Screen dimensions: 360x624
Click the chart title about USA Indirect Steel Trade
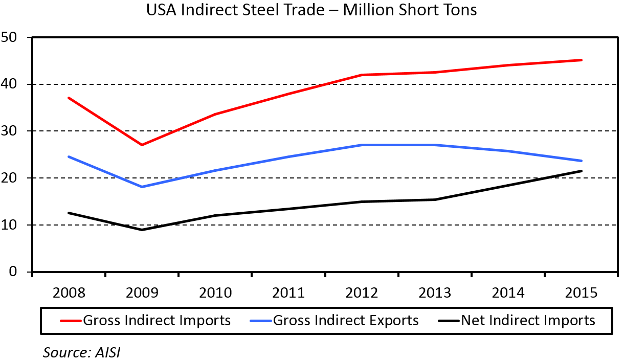[311, 10]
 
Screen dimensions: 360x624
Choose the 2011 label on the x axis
[288, 294]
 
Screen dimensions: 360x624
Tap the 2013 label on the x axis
[435, 294]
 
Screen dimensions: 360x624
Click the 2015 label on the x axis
[581, 294]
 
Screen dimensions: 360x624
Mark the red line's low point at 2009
[142, 145]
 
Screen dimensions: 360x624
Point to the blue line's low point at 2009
[142, 187]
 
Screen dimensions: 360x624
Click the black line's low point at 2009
[142, 230]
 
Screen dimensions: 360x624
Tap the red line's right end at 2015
[582, 60]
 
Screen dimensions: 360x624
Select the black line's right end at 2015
[582, 171]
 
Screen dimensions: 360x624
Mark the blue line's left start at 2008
[69, 156]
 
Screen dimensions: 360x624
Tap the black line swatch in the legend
[449, 321]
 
